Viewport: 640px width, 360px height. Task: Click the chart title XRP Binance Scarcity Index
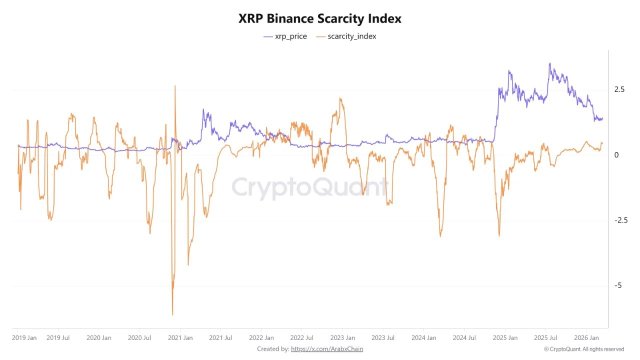(x=320, y=18)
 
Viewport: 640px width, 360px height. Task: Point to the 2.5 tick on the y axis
(x=621, y=90)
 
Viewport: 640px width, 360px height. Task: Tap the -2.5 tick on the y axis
(x=621, y=220)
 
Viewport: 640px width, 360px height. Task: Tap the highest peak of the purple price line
(x=549, y=65)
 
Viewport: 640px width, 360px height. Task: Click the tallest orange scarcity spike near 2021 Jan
(x=176, y=86)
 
